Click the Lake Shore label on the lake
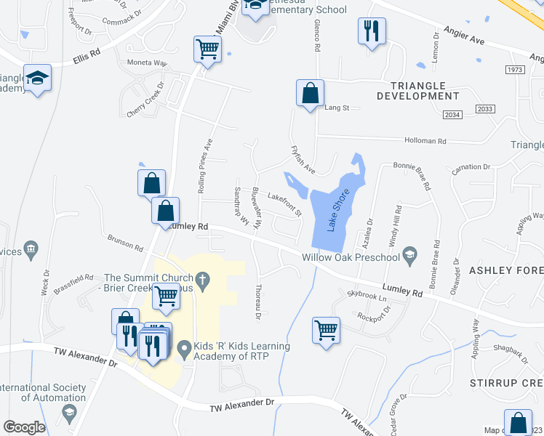[x=335, y=211]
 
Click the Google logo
[x=24, y=427]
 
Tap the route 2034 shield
[x=452, y=115]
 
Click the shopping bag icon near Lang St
[x=310, y=94]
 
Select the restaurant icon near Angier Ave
[x=372, y=31]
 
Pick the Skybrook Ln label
[x=367, y=296]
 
